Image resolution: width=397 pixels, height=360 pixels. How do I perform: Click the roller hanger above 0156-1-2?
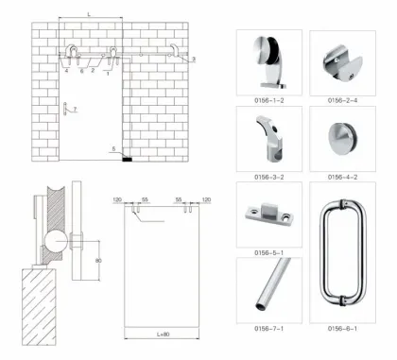pyautogui.click(x=268, y=59)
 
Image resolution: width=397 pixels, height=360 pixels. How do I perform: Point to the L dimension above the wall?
pyautogui.click(x=89, y=12)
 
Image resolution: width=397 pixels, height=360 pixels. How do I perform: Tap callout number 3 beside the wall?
pyautogui.click(x=193, y=60)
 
